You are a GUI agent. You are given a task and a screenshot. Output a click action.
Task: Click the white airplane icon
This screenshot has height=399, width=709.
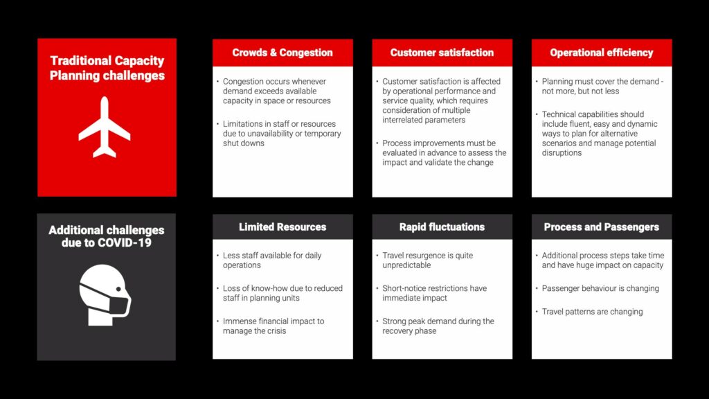105,127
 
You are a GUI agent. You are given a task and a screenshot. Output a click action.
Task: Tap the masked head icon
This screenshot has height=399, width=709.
105,295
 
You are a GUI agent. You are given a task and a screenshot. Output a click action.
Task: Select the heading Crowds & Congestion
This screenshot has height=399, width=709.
282,53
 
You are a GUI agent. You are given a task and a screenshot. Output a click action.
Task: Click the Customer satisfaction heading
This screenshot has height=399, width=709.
442,53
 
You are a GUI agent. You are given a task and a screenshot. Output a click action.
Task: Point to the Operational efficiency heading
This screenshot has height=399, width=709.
602,53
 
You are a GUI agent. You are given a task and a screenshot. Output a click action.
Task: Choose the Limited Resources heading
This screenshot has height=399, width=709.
282,227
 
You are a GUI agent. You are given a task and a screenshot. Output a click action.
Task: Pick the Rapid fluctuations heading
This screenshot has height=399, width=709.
442,227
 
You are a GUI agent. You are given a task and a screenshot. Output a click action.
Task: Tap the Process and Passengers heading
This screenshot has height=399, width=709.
602,227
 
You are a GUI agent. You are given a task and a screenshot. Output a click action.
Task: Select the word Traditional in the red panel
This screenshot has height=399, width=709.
80,61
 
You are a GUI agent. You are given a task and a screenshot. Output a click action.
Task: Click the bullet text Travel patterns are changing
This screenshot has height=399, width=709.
592,312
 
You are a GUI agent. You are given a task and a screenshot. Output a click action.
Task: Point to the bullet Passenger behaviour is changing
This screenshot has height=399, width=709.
600,288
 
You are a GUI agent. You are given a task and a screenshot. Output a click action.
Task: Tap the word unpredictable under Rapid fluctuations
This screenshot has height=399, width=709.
406,265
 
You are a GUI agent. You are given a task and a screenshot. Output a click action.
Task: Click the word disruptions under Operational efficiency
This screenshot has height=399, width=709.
562,153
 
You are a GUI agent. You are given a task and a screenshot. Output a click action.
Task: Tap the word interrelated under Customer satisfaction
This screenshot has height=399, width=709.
403,120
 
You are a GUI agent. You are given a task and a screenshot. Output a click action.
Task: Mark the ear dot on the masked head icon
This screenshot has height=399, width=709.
118,289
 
